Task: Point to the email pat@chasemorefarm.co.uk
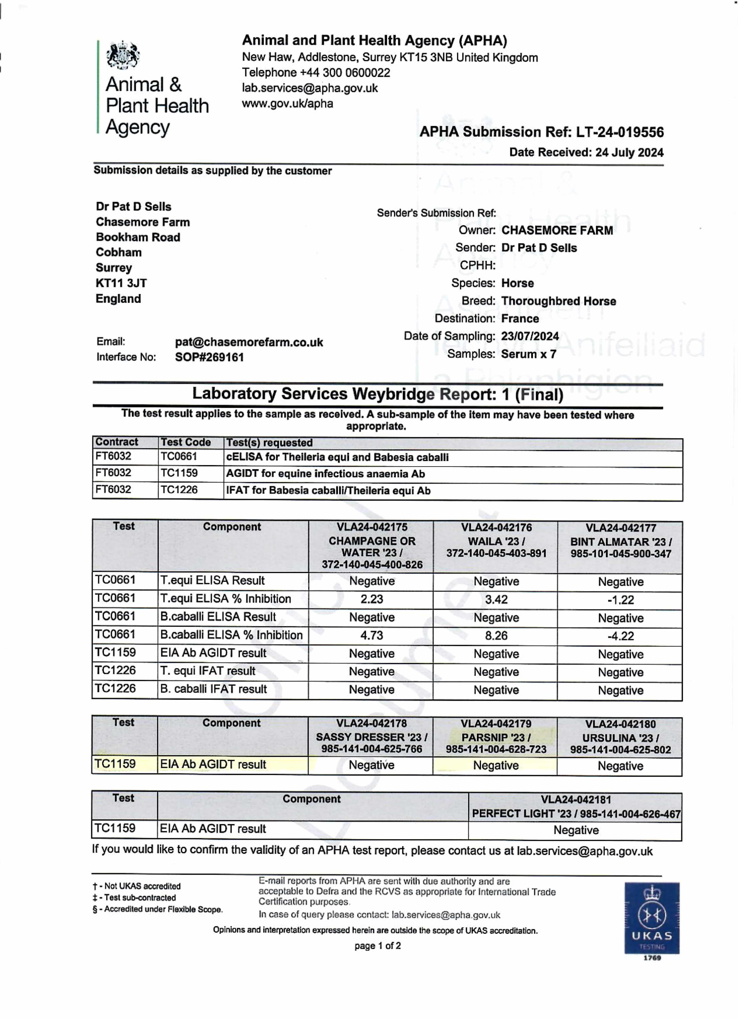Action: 249,342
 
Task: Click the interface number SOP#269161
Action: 210,358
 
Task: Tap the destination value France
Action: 520,319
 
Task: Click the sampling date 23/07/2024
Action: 530,336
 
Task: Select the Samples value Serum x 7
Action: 528,354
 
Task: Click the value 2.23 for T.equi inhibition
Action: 372,599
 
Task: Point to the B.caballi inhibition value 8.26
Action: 496,636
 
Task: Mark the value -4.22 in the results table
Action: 621,636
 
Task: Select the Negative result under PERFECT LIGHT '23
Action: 576,830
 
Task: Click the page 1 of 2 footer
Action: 377,946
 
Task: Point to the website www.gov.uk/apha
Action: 288,104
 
